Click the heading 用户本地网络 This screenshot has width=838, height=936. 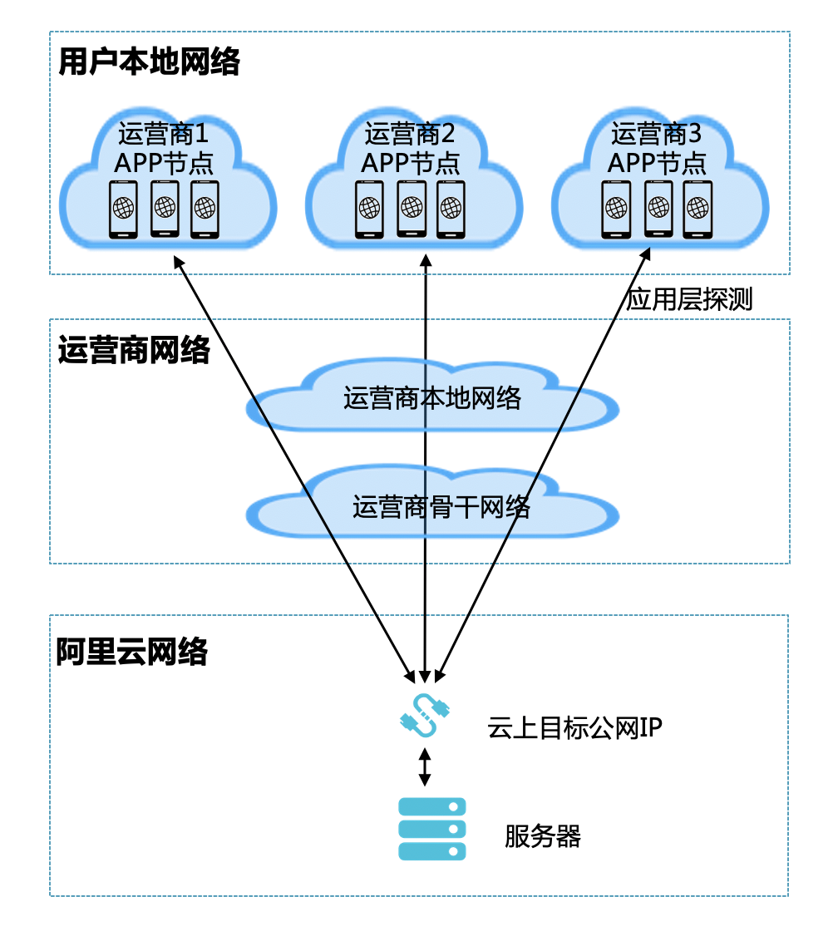pos(150,62)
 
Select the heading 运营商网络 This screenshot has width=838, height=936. pos(135,351)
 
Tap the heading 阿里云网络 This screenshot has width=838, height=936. pos(132,653)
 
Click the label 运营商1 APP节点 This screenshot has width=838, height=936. pos(164,148)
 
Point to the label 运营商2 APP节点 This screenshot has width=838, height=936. pos(411,148)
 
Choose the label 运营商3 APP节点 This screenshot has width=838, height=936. pos(657,148)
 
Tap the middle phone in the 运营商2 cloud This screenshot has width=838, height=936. pos(411,208)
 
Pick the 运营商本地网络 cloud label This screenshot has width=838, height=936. pos(432,399)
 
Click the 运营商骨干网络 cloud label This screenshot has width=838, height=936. pos(441,506)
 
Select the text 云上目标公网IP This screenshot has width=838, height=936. pos(574,729)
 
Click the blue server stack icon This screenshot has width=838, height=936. pos(432,829)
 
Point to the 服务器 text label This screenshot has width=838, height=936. pos(542,836)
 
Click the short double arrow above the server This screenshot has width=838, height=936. pos(425,767)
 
